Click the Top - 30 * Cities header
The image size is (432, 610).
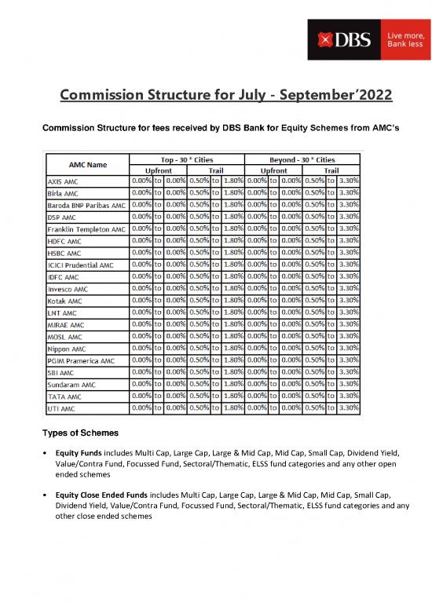[x=187, y=159]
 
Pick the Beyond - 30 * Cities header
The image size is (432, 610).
[x=303, y=159]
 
